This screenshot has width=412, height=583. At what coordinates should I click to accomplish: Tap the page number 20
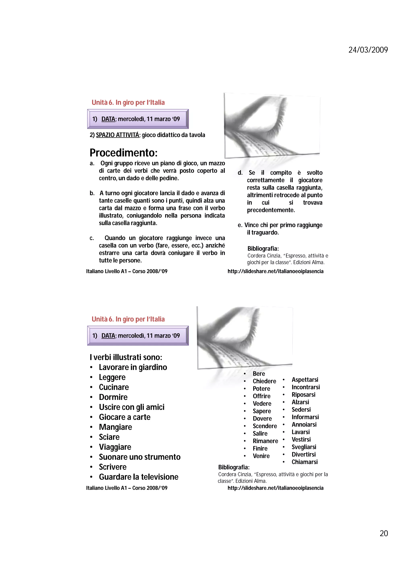pos(384,533)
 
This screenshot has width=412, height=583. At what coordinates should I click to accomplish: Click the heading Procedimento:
pos(124,153)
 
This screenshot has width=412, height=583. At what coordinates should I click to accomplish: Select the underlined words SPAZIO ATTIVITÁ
pos(117,135)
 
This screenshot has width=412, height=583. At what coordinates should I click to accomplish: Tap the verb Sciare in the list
pos(109,437)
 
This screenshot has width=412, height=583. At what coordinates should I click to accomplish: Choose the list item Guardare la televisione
pos(139,477)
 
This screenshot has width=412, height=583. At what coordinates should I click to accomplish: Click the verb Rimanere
pos(265,441)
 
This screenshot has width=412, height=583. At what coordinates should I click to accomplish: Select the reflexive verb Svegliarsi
pos(304,447)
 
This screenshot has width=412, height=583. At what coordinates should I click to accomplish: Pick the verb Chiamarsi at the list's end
pos(305,462)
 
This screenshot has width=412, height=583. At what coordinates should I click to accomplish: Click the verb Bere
pos(259,374)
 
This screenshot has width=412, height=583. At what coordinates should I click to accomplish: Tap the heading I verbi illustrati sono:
pos(126,357)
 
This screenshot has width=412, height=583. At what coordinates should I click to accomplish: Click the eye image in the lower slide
pos(244,338)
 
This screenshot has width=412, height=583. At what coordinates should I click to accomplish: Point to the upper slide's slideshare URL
pos(275,271)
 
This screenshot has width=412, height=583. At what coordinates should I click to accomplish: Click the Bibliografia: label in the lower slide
pos(234,467)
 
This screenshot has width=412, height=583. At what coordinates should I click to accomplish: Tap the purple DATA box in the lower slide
pos(138,336)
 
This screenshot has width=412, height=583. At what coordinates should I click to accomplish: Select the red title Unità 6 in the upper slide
pos(128,103)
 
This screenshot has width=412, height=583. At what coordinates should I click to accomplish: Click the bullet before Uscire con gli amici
pos(91,407)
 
